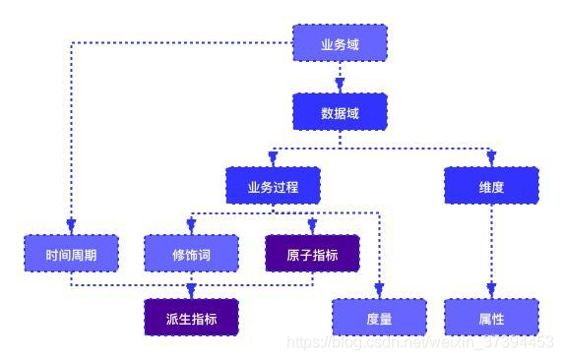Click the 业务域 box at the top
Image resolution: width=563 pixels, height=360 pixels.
point(340,43)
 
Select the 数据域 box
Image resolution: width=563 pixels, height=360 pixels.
point(340,112)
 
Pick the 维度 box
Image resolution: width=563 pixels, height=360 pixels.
point(491,186)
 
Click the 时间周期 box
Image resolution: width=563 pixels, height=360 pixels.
point(71,254)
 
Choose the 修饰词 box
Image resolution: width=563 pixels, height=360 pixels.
point(191,254)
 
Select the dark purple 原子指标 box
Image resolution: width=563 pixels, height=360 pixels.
point(312,254)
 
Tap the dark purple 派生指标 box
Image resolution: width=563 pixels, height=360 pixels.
point(191,318)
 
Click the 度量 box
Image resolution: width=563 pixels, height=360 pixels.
point(379,318)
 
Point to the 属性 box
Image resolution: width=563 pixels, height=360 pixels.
point(491,318)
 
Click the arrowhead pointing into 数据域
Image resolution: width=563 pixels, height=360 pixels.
point(340,86)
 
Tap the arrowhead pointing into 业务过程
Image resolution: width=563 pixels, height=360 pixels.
point(273,159)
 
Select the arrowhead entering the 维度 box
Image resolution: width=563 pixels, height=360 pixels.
point(491,159)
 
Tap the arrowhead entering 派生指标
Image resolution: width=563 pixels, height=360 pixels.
point(191,291)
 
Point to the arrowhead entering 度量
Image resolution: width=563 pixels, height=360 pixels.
point(379,291)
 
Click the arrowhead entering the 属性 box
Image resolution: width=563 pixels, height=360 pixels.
point(491,291)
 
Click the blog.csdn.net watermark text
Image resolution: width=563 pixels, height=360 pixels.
point(419,341)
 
